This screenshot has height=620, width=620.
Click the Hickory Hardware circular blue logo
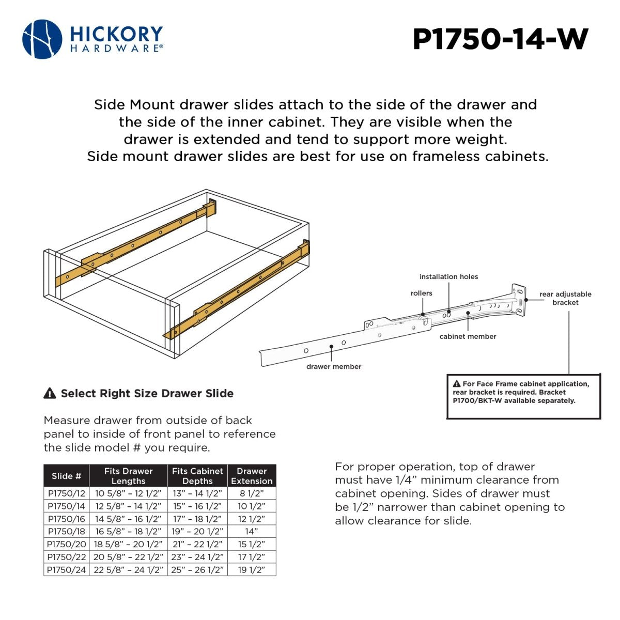42,39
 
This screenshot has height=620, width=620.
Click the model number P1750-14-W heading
500,39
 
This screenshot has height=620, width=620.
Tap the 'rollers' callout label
421,293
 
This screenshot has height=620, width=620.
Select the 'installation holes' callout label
448,277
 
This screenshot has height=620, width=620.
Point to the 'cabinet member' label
468,336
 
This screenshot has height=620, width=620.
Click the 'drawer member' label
334,367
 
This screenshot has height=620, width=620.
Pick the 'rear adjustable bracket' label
565,298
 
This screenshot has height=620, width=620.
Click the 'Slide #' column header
66,476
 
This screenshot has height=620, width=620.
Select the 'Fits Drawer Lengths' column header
128,476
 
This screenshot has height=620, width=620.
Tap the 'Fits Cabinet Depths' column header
197,476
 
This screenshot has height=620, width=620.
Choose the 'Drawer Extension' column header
252,476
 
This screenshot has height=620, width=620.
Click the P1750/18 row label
66,531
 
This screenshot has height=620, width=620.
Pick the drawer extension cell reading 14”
252,531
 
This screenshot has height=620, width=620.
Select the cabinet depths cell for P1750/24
197,570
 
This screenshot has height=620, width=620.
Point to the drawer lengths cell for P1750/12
128,493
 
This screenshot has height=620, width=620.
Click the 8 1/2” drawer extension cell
252,493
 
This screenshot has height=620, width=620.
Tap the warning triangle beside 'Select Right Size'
50,393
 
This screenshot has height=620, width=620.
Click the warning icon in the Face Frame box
456,384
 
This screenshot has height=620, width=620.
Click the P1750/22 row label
66,557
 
